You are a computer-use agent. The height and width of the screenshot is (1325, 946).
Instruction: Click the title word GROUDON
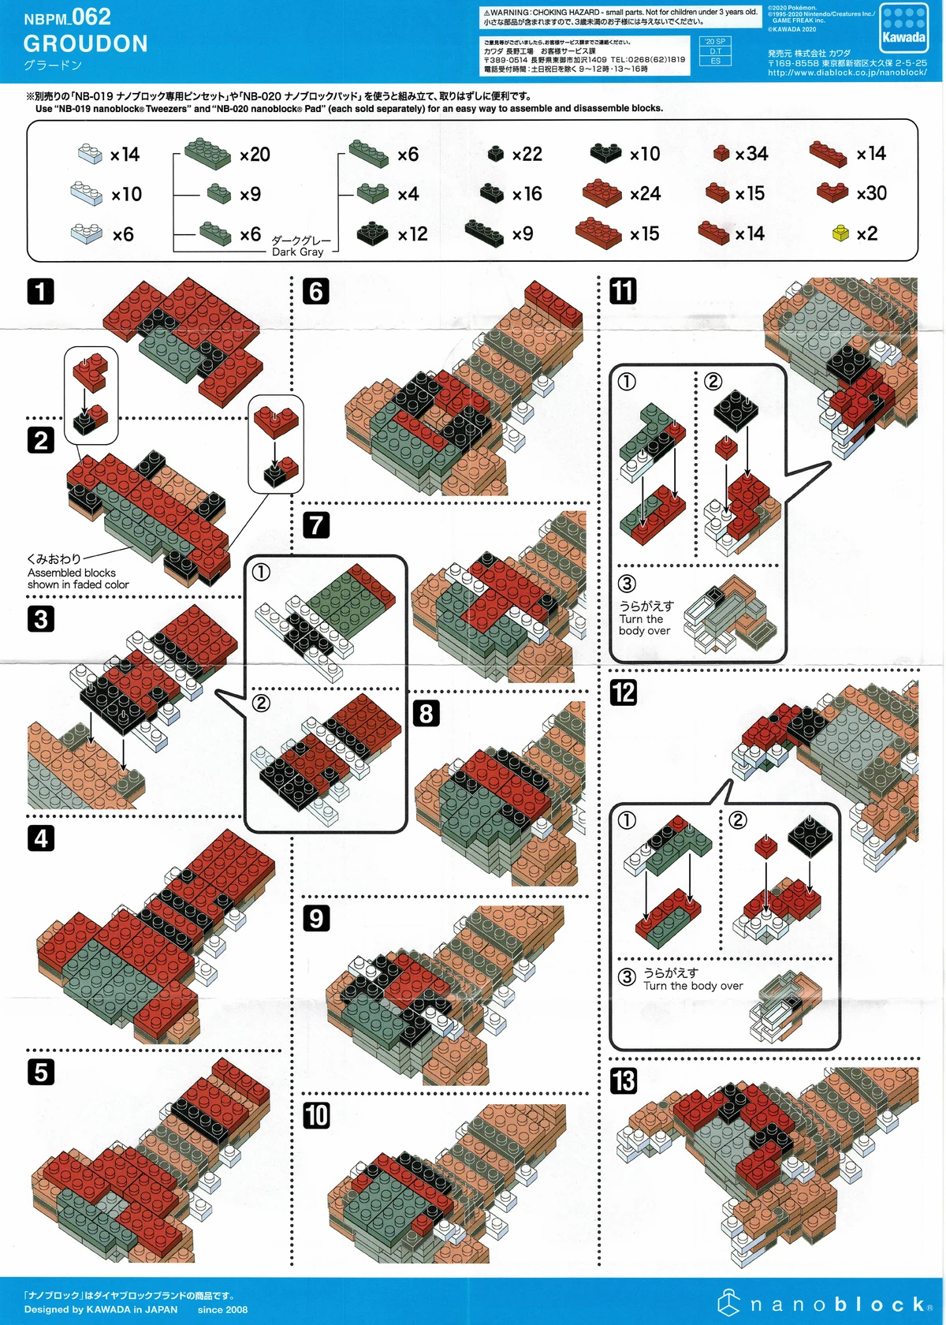85,43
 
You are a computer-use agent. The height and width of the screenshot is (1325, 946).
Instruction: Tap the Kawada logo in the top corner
903,28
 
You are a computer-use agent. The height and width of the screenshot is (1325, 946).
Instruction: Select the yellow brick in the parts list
840,233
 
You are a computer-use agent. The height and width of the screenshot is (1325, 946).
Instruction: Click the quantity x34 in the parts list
751,154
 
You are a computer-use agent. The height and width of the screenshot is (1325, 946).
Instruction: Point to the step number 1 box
41,291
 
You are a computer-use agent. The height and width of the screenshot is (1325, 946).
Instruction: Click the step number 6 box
316,291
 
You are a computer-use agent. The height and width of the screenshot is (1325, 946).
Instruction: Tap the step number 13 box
623,1081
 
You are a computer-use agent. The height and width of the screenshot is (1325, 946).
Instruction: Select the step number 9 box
316,918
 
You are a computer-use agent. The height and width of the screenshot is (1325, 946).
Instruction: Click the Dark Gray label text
297,252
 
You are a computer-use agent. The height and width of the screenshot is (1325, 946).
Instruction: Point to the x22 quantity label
527,155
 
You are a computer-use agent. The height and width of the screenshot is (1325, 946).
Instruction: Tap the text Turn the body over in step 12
693,986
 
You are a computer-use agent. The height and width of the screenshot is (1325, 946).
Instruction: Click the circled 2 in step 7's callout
261,703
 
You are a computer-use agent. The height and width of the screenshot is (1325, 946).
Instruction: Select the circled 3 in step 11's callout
627,584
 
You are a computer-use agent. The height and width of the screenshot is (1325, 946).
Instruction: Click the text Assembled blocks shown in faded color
77,579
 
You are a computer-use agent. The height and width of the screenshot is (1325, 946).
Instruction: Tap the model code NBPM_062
67,17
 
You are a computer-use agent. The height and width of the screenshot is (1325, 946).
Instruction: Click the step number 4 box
41,838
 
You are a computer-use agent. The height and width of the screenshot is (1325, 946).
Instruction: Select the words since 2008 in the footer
222,1309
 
